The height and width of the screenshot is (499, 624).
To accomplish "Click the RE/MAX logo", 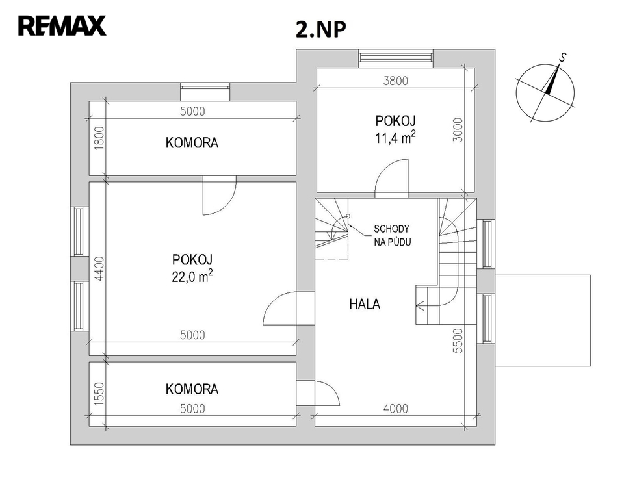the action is coord(62,26).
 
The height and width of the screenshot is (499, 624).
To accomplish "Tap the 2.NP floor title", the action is coord(320,29).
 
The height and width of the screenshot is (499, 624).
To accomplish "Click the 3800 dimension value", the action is coord(396,81).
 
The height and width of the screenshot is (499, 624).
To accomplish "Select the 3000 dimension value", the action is coord(458,130).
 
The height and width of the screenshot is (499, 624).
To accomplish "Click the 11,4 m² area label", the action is coord(395,138).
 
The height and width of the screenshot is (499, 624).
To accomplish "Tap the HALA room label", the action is coord(365,305).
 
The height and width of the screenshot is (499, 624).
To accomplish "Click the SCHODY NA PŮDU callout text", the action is coord(392,235).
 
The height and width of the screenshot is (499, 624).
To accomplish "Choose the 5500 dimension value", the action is coord(458,340).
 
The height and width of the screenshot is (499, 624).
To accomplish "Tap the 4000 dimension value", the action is coord(396,409).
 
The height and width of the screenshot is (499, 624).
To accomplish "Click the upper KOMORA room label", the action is coord(192,143).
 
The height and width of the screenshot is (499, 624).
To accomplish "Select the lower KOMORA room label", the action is coord(192,389).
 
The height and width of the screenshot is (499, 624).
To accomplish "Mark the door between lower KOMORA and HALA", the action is coord(318,392).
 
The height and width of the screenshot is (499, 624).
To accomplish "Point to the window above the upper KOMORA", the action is coord(205,91).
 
